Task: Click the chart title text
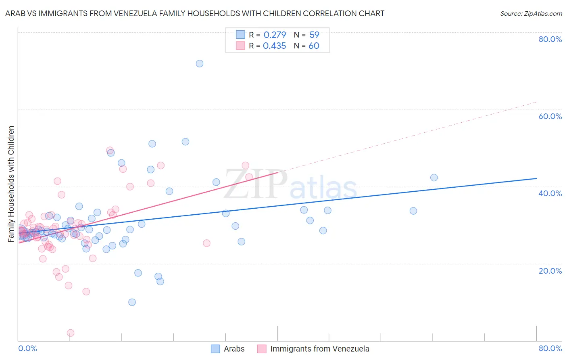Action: [195, 13]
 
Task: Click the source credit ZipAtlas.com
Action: [531, 13]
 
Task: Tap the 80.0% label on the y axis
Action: [550, 39]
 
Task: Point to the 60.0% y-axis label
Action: [550, 116]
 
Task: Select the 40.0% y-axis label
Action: [550, 193]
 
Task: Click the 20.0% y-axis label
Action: [550, 271]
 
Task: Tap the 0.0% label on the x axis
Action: [27, 348]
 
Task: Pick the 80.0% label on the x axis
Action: [550, 348]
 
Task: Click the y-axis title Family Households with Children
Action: [11, 184]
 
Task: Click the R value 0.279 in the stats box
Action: [275, 35]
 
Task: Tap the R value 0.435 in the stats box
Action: [274, 46]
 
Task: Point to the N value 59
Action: [314, 35]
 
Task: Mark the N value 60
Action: [314, 46]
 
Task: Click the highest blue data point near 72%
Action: [199, 63]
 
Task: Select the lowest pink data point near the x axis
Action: [71, 333]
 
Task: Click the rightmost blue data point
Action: [434, 178]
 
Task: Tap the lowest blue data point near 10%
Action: [132, 302]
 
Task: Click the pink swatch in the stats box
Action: [240, 46]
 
